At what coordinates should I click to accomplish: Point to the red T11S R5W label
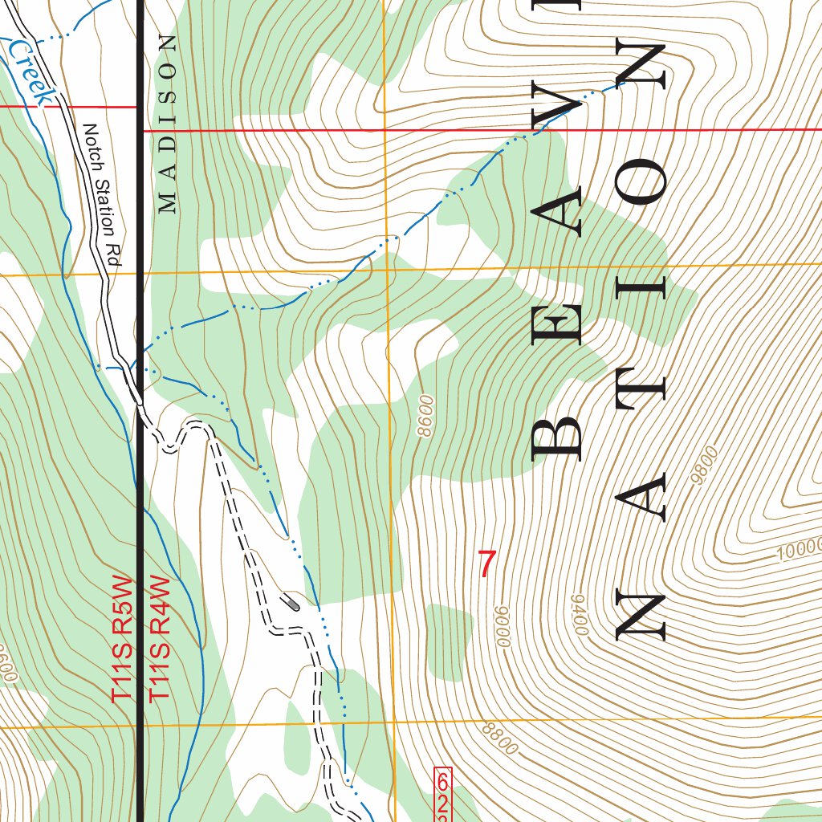tap(122, 640)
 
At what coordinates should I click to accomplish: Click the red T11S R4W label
tap(161, 640)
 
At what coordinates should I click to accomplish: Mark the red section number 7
tap(486, 564)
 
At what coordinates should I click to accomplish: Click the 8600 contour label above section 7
tap(425, 415)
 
